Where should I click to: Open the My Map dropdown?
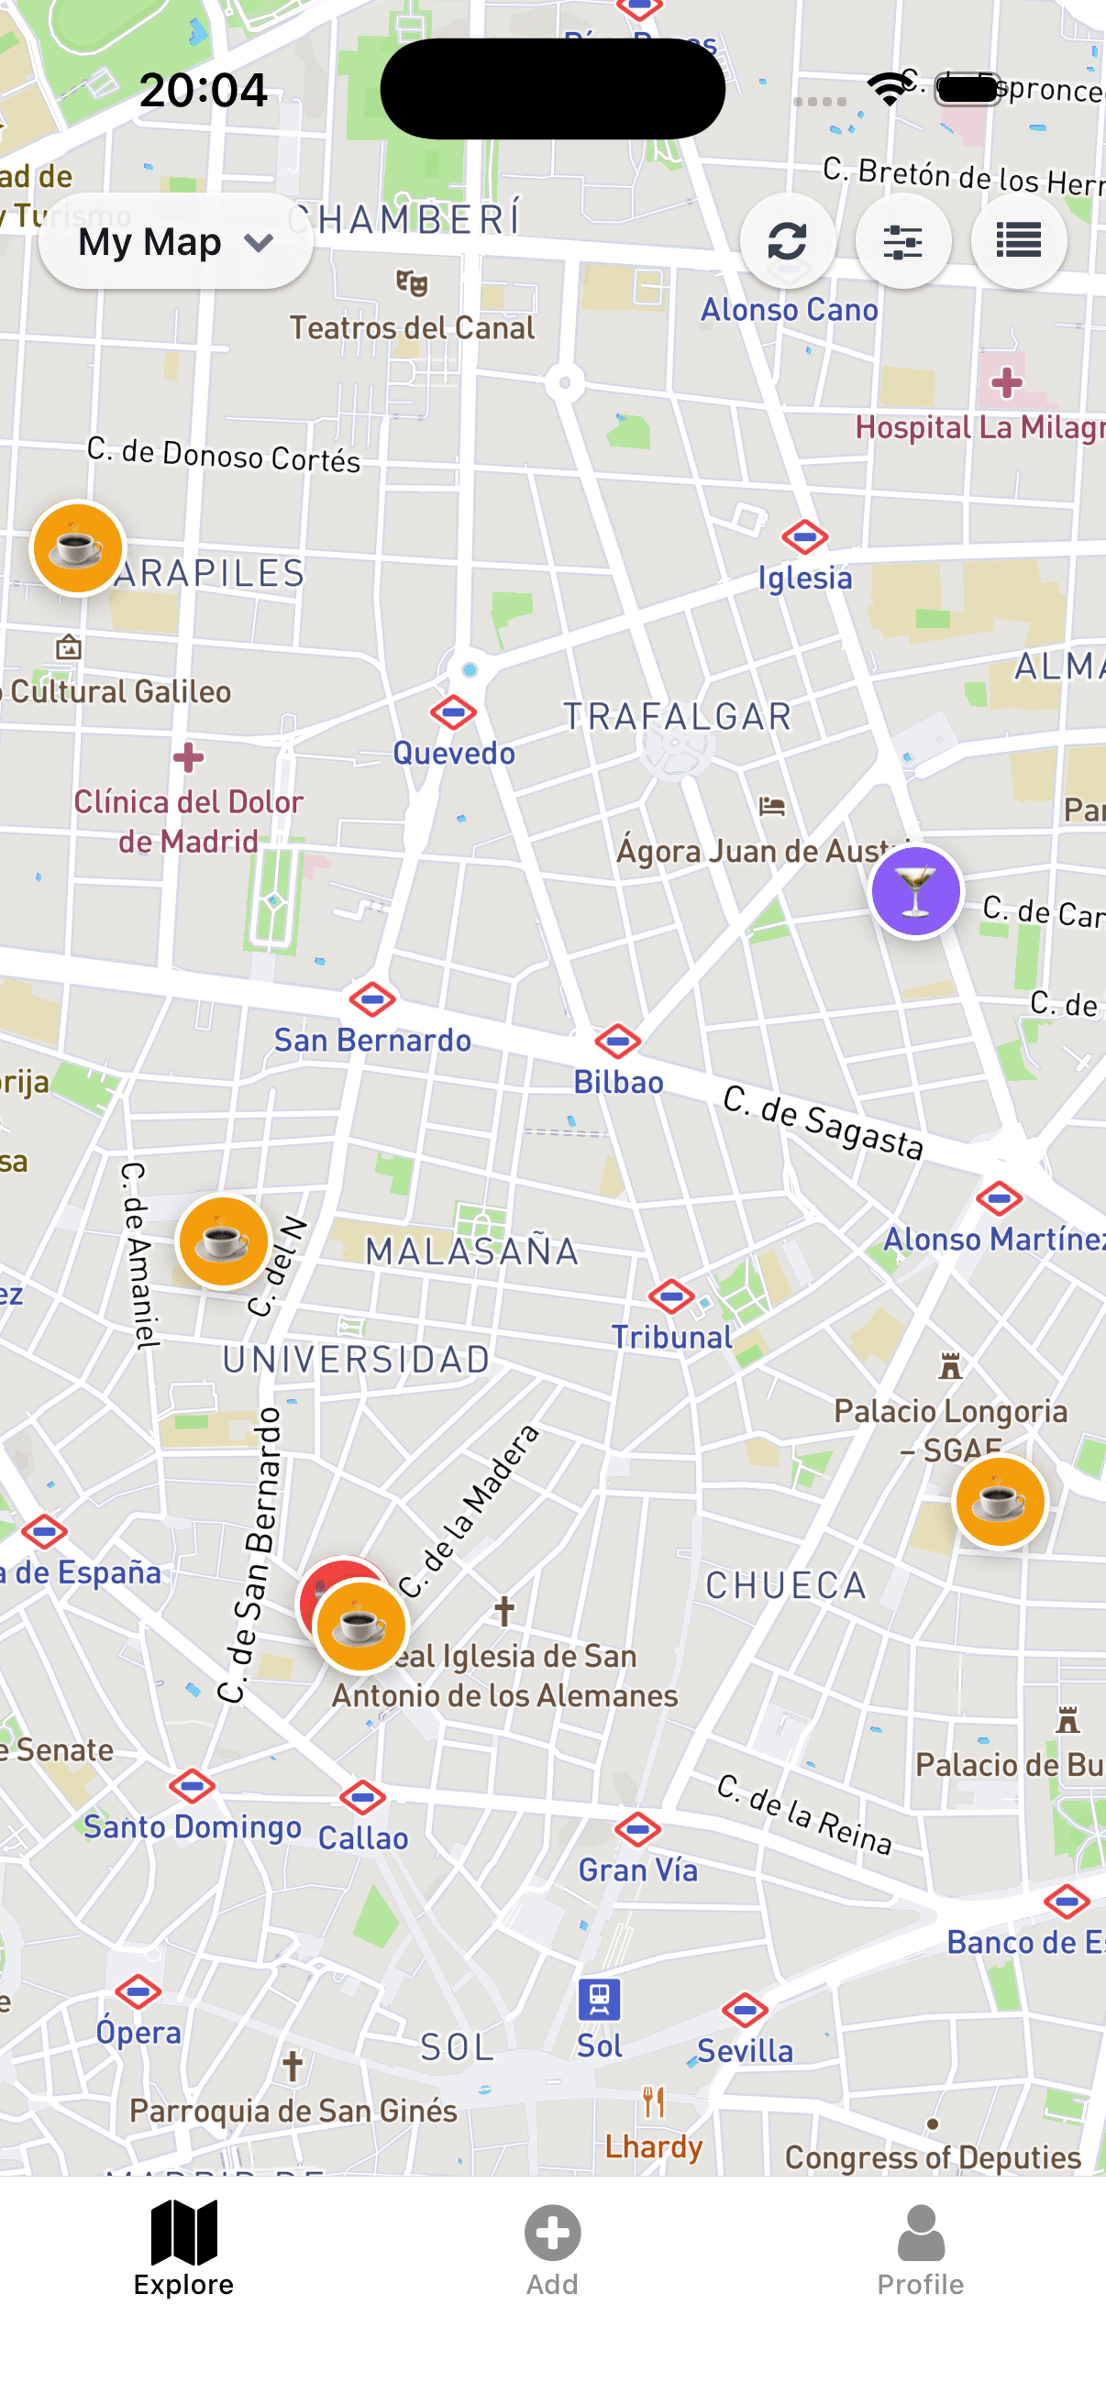click(175, 243)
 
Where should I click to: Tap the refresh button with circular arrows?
click(787, 242)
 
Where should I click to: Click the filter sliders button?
click(902, 242)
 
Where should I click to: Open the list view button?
click(1018, 242)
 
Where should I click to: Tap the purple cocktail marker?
click(915, 891)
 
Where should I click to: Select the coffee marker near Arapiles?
click(77, 547)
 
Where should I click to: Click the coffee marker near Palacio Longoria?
click(1000, 1502)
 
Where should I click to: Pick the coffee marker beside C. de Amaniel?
click(223, 1241)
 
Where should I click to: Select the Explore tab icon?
click(183, 2233)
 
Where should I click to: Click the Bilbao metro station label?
click(618, 1083)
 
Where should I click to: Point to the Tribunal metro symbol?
click(671, 1296)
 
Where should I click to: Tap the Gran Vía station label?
click(638, 1870)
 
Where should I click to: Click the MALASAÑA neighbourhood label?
click(471, 1252)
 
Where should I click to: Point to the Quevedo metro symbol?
click(454, 713)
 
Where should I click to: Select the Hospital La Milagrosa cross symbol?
click(1006, 382)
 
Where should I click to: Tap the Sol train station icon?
click(599, 1999)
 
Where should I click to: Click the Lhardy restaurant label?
click(653, 2146)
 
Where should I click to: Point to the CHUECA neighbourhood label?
click(786, 1585)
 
